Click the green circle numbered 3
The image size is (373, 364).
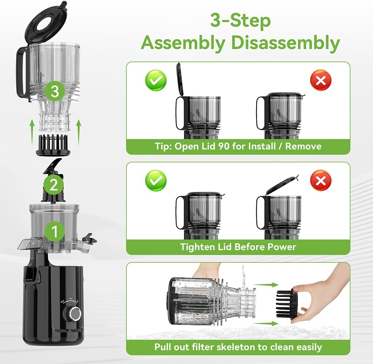[55, 91]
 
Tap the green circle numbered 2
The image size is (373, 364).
[54, 185]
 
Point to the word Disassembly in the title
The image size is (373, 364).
[286, 43]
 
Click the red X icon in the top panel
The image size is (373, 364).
[321, 80]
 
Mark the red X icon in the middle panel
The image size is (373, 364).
[321, 181]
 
